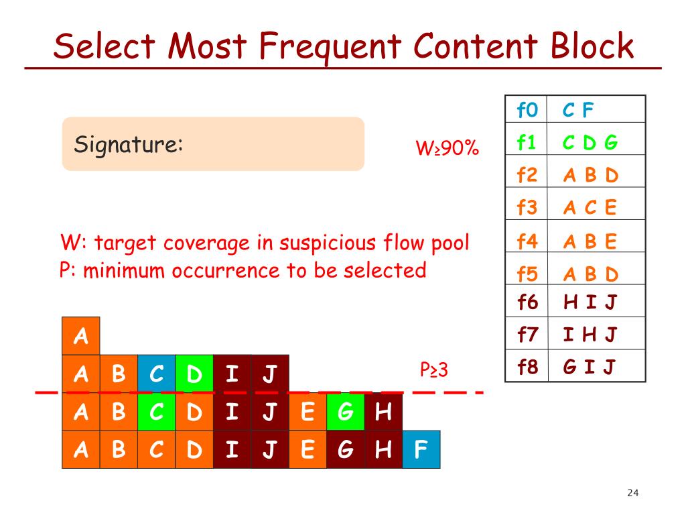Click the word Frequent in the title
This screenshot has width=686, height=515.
tap(330, 46)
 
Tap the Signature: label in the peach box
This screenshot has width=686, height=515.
tap(128, 144)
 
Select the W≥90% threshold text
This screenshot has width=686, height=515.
tap(447, 148)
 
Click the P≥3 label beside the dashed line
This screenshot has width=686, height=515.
tap(433, 369)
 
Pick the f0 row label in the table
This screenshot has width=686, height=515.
tap(527, 109)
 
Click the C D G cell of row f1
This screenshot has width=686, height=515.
tap(590, 142)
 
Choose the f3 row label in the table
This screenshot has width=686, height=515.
tap(527, 207)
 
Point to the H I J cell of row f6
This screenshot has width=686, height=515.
tap(590, 302)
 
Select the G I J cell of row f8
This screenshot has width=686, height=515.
tap(590, 367)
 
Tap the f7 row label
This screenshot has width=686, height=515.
tap(527, 335)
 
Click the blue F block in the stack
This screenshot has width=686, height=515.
tap(421, 449)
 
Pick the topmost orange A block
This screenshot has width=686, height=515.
tap(81, 336)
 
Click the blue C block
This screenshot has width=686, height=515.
tap(157, 374)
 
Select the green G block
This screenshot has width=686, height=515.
tap(346, 412)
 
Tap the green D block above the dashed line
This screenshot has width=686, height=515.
tap(194, 374)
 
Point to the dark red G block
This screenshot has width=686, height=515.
tap(346, 449)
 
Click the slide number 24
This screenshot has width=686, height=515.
tap(632, 493)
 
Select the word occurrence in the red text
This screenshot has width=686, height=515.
tap(226, 270)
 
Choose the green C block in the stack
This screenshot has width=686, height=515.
tap(157, 412)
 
